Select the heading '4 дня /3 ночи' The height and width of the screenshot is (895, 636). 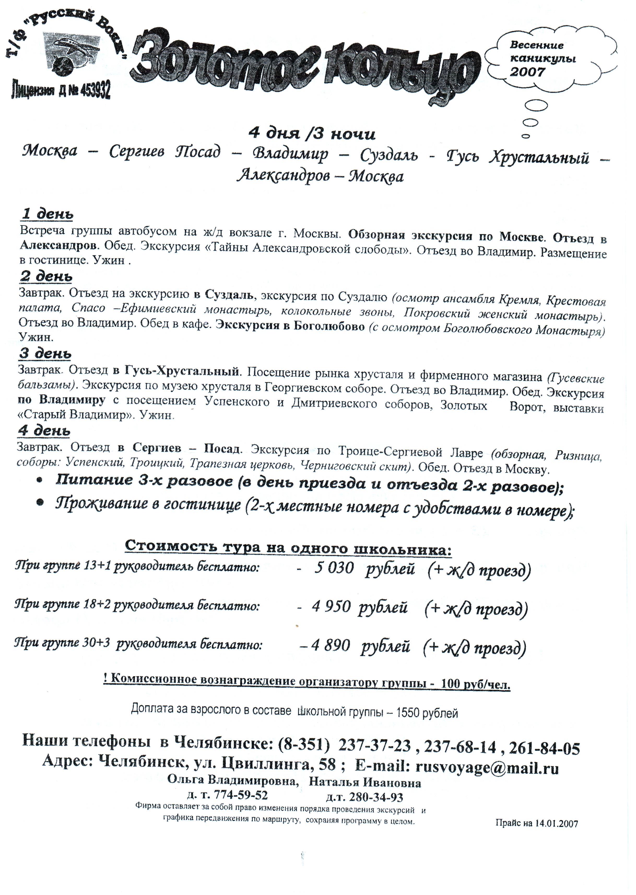click(x=312, y=134)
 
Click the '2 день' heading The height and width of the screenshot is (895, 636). click(x=46, y=276)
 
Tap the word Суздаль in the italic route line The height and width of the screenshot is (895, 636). click(x=389, y=155)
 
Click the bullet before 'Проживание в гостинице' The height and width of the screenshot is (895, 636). click(x=40, y=503)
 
